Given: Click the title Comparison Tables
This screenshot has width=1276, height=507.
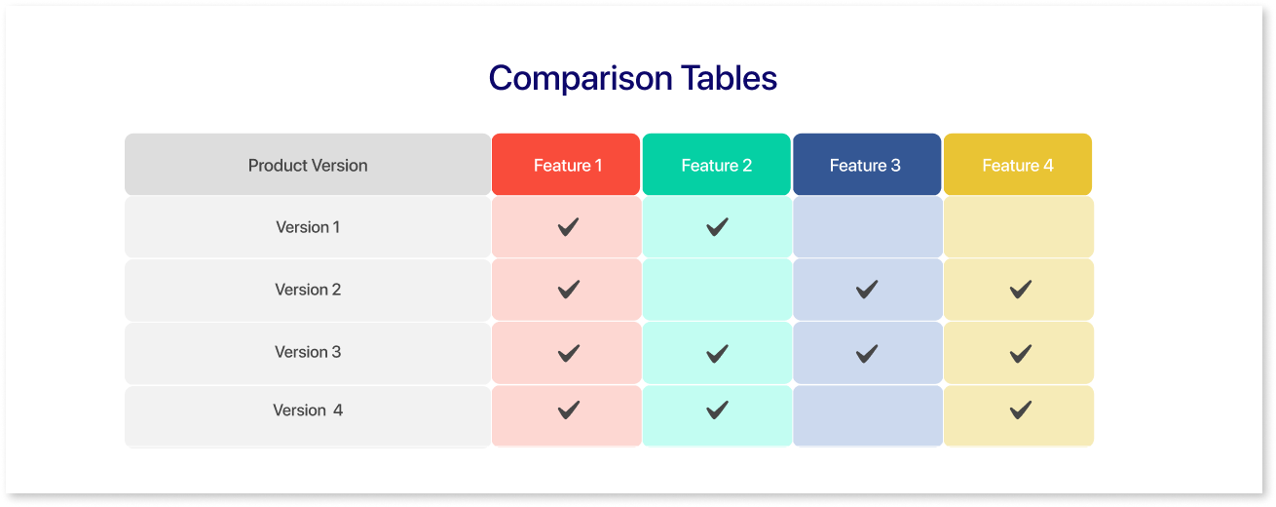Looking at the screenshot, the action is (x=633, y=78).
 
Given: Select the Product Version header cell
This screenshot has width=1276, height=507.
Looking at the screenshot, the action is (x=308, y=164).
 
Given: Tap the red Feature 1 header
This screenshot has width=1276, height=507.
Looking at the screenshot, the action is (x=566, y=164).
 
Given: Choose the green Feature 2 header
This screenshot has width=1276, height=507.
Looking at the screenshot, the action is (x=717, y=164).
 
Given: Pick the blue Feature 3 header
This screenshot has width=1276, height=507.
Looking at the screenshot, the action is (x=867, y=164).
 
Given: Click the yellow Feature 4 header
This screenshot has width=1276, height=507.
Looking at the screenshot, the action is (x=1018, y=164).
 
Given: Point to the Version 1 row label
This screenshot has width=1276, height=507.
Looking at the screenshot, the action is (x=308, y=227).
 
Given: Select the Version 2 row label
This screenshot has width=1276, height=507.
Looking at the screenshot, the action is (x=308, y=290).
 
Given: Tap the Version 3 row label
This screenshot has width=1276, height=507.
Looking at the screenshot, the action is (x=308, y=352).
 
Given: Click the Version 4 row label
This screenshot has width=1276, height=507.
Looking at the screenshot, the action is (x=308, y=410).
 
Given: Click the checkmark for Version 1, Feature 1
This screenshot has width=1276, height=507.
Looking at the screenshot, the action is (x=569, y=227).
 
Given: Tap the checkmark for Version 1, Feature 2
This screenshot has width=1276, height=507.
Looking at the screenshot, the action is (x=717, y=227).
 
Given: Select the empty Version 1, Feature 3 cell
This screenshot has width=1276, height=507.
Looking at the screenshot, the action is (x=868, y=227).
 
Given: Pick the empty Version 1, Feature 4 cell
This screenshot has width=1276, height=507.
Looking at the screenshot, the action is (x=1019, y=227).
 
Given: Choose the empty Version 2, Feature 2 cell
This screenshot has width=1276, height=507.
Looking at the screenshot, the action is (x=717, y=290).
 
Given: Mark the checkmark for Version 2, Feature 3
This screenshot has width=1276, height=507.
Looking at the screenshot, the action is (x=867, y=290).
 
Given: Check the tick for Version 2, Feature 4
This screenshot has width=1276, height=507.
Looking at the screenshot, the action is (x=1020, y=290).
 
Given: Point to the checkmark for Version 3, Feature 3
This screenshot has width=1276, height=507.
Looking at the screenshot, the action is (x=867, y=354).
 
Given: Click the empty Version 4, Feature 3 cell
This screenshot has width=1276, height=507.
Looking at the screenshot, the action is (x=868, y=415).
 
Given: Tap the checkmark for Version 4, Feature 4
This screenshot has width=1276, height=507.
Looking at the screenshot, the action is (x=1020, y=410).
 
